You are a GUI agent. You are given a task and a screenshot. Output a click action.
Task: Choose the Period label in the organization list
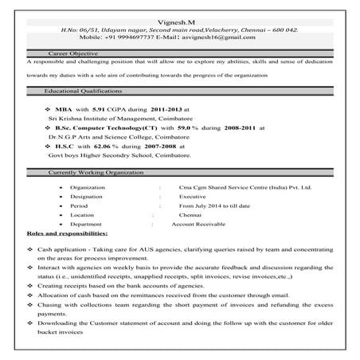point(78,205)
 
